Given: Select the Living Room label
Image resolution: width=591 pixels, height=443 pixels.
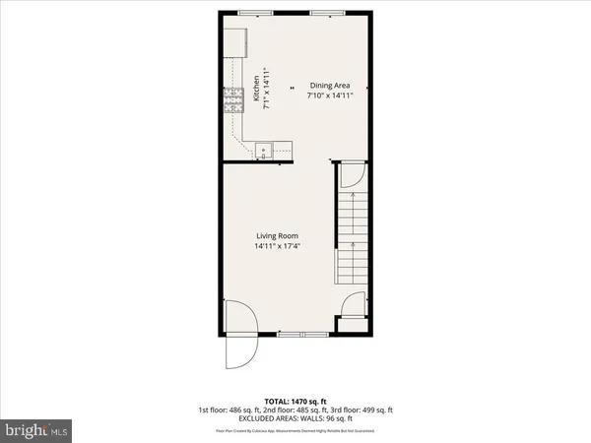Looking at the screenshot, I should pyautogui.click(x=277, y=235).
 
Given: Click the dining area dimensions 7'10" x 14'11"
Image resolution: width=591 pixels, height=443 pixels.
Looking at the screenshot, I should pyautogui.click(x=331, y=95).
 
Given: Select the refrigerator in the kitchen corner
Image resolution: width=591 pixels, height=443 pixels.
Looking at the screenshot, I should pyautogui.click(x=233, y=41).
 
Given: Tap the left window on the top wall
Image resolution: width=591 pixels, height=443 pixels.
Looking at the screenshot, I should pyautogui.click(x=257, y=12).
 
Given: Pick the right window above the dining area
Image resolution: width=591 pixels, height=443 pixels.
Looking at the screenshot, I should pyautogui.click(x=325, y=12).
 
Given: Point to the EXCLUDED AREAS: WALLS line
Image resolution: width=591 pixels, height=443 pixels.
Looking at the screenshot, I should pyautogui.click(x=295, y=418).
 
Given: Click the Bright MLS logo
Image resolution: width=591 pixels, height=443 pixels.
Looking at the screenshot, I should pyautogui.click(x=36, y=430).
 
